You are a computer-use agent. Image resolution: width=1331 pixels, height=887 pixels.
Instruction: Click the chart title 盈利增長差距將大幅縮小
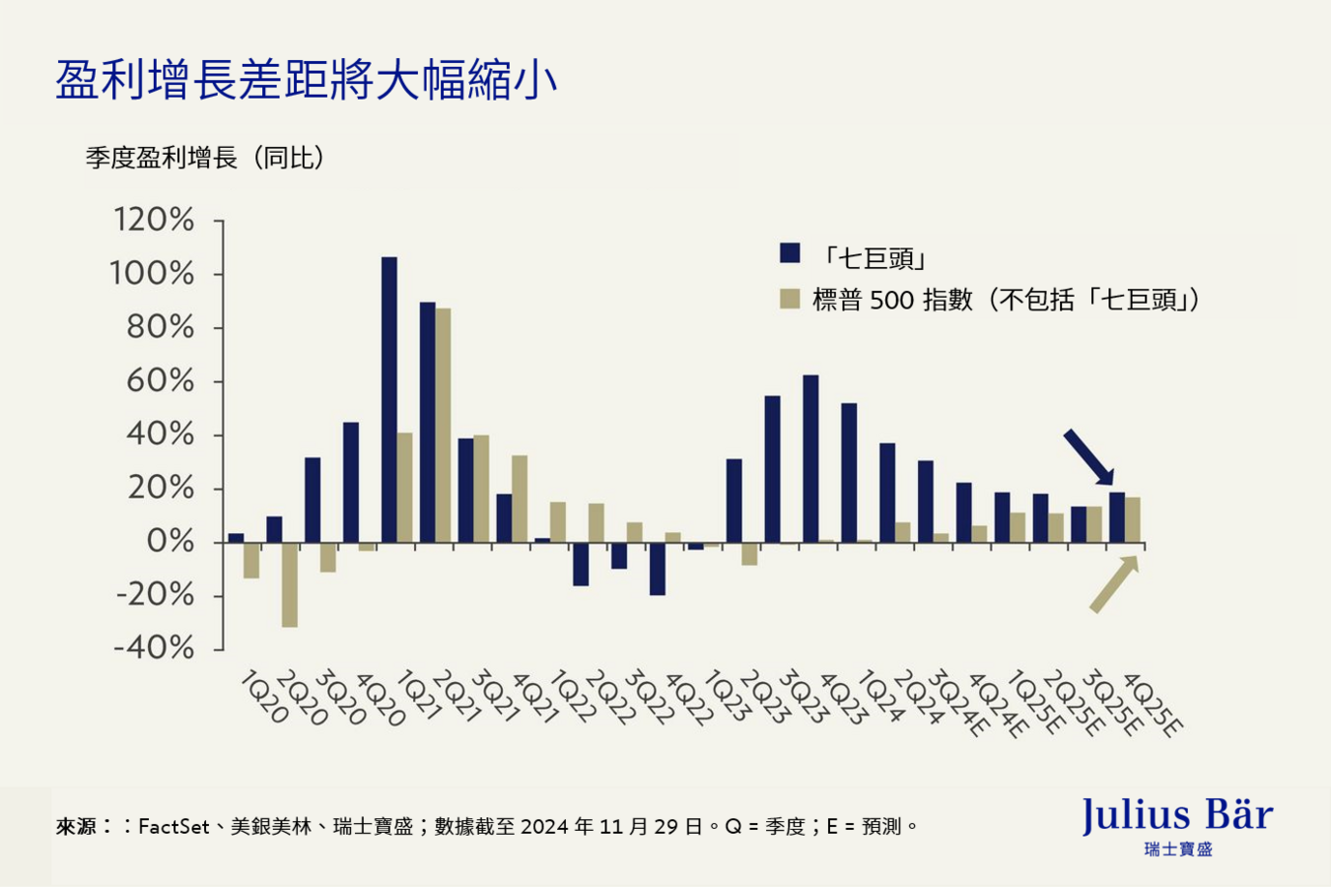pyautogui.click(x=306, y=80)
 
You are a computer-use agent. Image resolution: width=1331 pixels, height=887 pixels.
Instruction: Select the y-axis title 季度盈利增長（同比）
pyautogui.click(x=205, y=158)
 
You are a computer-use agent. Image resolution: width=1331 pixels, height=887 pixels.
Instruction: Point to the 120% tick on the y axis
pyautogui.click(x=154, y=220)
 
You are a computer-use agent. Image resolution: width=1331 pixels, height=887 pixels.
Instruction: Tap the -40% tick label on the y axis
pyautogui.click(x=154, y=648)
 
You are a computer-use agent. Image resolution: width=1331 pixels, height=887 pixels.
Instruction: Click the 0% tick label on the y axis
pyautogui.click(x=170, y=541)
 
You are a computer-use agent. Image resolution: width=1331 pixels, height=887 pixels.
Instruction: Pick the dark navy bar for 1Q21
pyautogui.click(x=389, y=399)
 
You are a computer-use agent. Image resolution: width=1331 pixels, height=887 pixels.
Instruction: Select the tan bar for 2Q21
pyautogui.click(x=444, y=425)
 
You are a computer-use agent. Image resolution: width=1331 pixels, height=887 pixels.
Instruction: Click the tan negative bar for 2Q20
pyautogui.click(x=290, y=584)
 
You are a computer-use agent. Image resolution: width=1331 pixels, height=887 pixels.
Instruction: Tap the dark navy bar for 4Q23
pyautogui.click(x=810, y=458)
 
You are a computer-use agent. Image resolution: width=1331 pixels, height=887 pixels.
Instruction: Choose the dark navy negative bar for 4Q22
pyautogui.click(x=658, y=569)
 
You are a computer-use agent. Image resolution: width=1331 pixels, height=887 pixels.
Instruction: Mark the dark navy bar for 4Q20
pyautogui.click(x=351, y=482)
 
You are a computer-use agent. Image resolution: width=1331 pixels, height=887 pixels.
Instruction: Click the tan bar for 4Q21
pyautogui.click(x=520, y=499)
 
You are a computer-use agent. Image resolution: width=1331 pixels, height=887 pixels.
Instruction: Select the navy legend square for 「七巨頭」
pyautogui.click(x=790, y=253)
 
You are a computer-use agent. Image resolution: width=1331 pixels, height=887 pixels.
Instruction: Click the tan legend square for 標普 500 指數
pyautogui.click(x=790, y=299)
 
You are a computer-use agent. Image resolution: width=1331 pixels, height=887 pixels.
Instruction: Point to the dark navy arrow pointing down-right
pyautogui.click(x=1088, y=457)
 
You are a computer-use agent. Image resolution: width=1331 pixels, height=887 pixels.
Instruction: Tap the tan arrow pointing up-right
pyautogui.click(x=1114, y=584)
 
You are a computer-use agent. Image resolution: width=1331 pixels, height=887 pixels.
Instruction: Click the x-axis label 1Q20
pyautogui.click(x=263, y=699)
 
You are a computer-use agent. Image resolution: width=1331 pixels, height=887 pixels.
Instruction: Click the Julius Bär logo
pyautogui.click(x=1177, y=825)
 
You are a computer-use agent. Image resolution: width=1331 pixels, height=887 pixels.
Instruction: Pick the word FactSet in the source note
pyautogui.click(x=174, y=827)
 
